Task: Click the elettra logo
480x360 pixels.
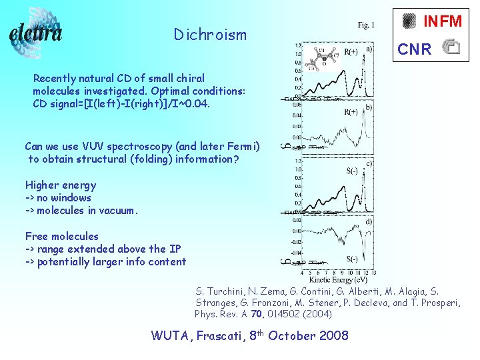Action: [37, 32]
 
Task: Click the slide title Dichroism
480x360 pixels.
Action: [209, 35]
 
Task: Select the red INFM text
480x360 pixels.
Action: [443, 21]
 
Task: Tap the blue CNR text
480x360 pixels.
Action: [414, 49]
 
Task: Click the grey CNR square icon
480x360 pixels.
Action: [451, 47]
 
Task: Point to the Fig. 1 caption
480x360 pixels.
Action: [366, 25]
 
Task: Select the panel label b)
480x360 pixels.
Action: [368, 107]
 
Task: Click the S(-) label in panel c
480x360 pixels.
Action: [351, 171]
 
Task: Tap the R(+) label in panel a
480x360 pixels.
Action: [351, 51]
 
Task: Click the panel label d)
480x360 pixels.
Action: [368, 221]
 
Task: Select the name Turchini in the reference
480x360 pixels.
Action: [221, 291]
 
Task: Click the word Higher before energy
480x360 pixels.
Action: [42, 185]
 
